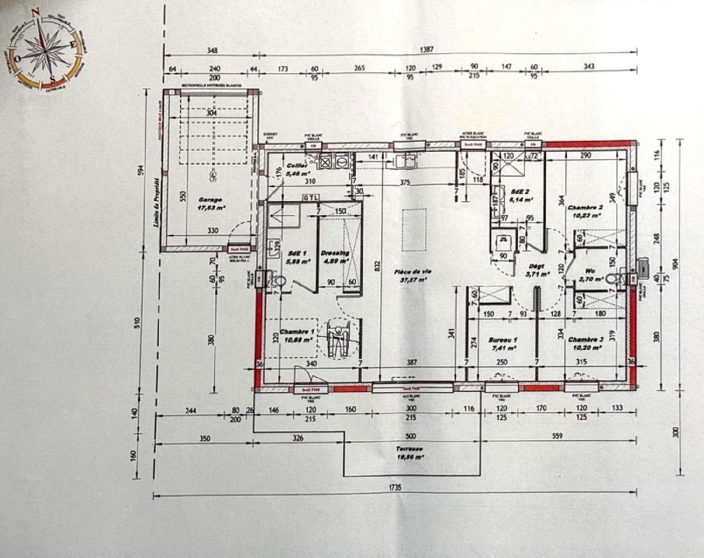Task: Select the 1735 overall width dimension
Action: click(x=395, y=488)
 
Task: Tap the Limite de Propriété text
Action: click(x=156, y=202)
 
